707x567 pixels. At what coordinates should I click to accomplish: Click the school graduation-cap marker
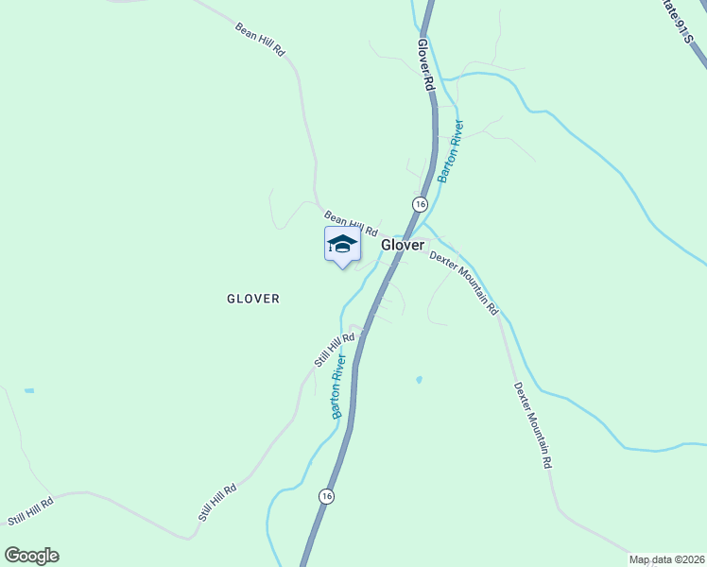point(342,246)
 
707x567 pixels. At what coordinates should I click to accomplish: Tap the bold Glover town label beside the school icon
point(403,245)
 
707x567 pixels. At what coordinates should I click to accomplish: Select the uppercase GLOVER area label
point(253,299)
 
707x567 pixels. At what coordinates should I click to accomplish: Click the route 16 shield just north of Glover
point(420,203)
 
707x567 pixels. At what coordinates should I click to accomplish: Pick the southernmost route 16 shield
point(326,496)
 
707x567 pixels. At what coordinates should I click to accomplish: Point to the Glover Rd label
point(425,64)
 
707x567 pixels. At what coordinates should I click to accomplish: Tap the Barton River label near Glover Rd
point(450,151)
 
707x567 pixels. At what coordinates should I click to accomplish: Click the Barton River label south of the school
point(338,386)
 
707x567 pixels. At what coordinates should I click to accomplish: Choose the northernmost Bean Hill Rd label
point(261,38)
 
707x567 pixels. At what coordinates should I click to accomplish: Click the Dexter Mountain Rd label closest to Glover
point(463,282)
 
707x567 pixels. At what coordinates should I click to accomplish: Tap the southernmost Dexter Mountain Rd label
point(532,425)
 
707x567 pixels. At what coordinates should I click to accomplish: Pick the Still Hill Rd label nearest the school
point(335,350)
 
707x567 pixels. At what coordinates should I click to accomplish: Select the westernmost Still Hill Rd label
point(30,514)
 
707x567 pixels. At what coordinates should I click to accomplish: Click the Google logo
point(31,556)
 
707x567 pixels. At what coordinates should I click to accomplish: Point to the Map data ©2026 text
point(665,559)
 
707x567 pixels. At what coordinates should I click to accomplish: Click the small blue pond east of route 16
point(418,380)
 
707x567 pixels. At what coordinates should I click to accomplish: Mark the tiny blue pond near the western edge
point(29,390)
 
